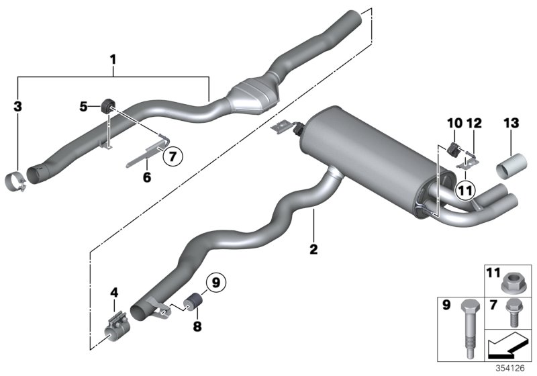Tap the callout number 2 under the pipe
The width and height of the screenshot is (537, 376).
[x=313, y=250]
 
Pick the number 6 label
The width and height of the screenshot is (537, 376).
[x=147, y=177]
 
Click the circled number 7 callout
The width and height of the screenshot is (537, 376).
[x=172, y=156]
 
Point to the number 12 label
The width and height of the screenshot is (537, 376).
[x=473, y=124]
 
